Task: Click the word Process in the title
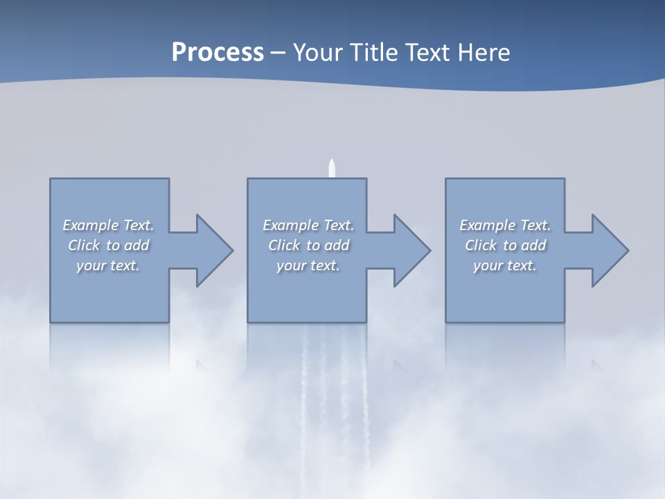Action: [218, 53]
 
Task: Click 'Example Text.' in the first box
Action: [108, 225]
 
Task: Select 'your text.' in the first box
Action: [108, 265]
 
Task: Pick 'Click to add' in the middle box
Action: [308, 245]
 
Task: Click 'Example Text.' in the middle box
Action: [308, 225]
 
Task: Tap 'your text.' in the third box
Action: [505, 265]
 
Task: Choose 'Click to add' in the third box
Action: [505, 245]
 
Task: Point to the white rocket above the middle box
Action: [332, 168]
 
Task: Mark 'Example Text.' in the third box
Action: [505, 225]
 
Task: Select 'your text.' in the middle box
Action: [308, 265]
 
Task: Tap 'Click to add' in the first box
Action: [108, 245]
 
